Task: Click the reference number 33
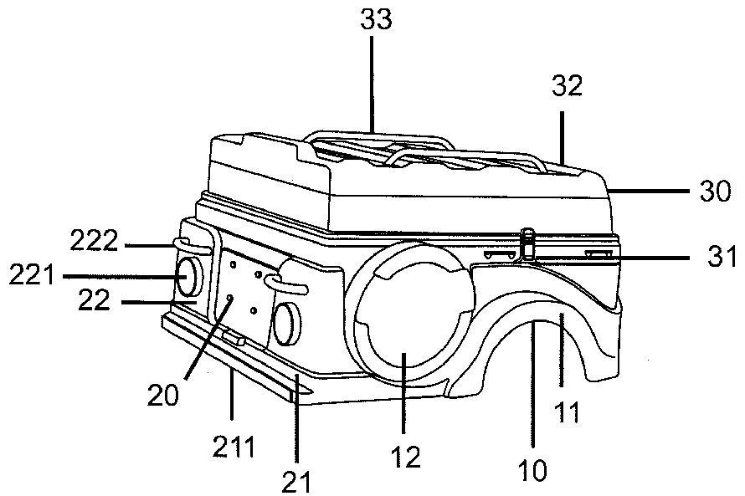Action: click(x=376, y=19)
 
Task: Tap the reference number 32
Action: click(x=567, y=86)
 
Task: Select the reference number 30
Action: click(x=716, y=192)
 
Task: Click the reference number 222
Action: click(x=94, y=241)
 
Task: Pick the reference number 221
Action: click(x=32, y=275)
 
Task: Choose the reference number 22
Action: click(x=94, y=300)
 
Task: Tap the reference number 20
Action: click(x=162, y=395)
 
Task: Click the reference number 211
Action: click(x=233, y=447)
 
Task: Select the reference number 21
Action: click(x=296, y=481)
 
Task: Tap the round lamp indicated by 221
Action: click(x=188, y=278)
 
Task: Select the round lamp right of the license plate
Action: click(x=286, y=325)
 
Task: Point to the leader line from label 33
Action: click(x=372, y=84)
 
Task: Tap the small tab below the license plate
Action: click(x=234, y=338)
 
